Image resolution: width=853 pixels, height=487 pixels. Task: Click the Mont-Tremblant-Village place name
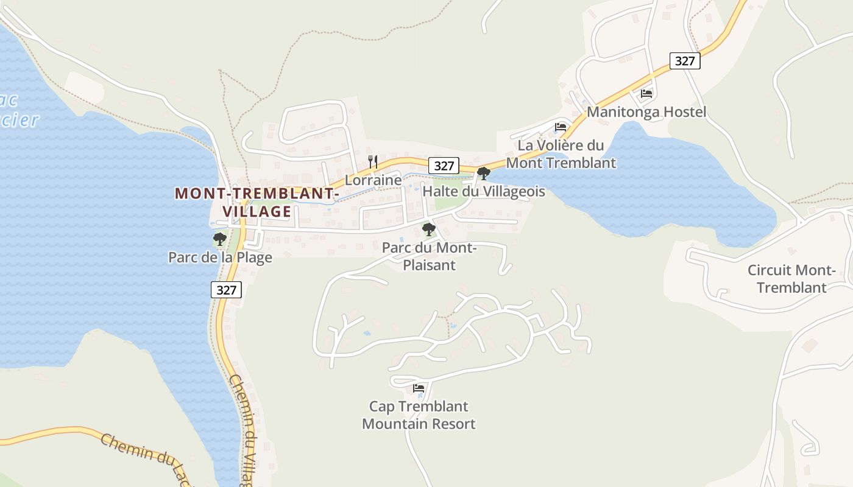(x=257, y=202)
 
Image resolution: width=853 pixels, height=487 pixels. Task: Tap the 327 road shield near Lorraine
(x=444, y=166)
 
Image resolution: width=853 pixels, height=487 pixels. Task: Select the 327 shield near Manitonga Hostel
(x=685, y=61)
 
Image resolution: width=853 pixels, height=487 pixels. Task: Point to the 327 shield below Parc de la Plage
(x=226, y=290)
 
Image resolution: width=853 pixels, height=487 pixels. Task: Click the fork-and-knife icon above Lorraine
(x=373, y=162)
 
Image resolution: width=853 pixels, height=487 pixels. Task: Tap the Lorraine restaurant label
(x=373, y=180)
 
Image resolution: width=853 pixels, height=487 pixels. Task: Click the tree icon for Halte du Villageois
(x=484, y=173)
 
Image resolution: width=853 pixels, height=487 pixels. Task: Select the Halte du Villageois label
(x=484, y=191)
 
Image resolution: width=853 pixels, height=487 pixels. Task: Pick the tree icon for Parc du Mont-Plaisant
(x=429, y=229)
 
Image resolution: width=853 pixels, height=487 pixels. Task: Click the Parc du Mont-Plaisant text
(x=429, y=256)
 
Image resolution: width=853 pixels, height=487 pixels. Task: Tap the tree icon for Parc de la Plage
(x=220, y=239)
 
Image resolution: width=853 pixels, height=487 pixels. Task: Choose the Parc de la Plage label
(x=220, y=258)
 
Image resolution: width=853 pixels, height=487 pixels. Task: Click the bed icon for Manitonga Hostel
(x=646, y=94)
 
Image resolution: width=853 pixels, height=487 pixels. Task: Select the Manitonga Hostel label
(x=646, y=112)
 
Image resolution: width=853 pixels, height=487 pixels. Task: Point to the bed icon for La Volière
(x=561, y=127)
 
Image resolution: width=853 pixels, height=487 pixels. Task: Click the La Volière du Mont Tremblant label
(x=561, y=154)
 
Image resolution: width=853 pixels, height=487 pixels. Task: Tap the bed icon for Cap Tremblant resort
(x=419, y=388)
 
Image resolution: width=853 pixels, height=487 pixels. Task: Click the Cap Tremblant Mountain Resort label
(x=419, y=415)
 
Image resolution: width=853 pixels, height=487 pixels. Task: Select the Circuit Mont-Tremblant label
(x=791, y=279)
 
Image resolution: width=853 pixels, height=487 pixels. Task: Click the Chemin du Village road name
(x=244, y=426)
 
